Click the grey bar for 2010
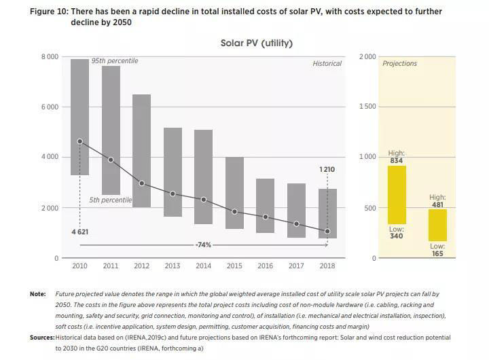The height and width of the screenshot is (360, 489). tap(80, 117)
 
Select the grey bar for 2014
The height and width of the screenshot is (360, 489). tap(203, 177)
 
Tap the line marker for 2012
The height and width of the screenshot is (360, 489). tap(142, 183)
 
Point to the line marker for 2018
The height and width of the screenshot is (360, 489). tap(327, 232)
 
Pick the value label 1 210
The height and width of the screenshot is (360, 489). tap(327, 169)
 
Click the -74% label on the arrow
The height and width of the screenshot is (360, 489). tap(203, 245)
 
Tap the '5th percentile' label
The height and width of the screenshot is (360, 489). tap(110, 200)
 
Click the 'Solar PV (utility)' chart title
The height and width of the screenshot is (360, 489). tap(256, 43)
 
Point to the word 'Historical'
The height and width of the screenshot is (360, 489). tap(327, 64)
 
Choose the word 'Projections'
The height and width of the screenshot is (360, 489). tap(399, 64)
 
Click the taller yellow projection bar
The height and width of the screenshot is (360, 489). tap(397, 195)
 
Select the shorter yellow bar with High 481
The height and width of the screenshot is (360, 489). tap(437, 225)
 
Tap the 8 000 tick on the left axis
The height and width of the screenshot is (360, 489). tap(50, 56)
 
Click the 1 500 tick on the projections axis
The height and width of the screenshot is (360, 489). tap(367, 107)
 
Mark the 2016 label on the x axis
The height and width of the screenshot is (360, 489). tap(265, 267)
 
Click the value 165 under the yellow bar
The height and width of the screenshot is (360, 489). tap(437, 253)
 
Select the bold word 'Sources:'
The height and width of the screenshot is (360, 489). tap(41, 337)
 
